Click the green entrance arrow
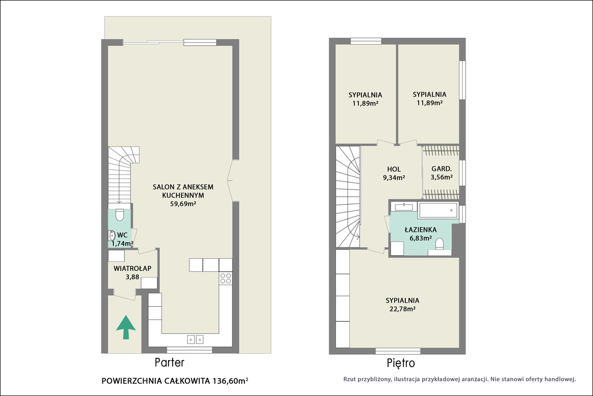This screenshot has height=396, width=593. pyautogui.click(x=126, y=328)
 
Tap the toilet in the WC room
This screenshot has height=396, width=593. pyautogui.click(x=119, y=215)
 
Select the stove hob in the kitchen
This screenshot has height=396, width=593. pyautogui.click(x=226, y=278)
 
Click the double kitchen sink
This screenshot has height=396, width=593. pyautogui.click(x=195, y=339)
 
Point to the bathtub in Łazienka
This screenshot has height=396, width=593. pyautogui.click(x=438, y=210)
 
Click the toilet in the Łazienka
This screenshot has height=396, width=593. pyautogui.click(x=440, y=244)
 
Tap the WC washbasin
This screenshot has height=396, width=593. pyautogui.click(x=112, y=235)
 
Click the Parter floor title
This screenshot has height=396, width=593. pyautogui.click(x=170, y=363)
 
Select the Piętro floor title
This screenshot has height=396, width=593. pyautogui.click(x=401, y=364)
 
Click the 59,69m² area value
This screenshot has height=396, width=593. pyautogui.click(x=183, y=204)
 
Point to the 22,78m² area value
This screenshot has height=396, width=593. pyautogui.click(x=402, y=308)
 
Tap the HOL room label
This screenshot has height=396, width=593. pyautogui.click(x=394, y=169)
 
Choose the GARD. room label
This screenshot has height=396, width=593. pyautogui.click(x=441, y=169)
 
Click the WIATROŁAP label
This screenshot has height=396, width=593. pyautogui.click(x=133, y=268)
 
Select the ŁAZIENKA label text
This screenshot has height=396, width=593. pyautogui.click(x=420, y=230)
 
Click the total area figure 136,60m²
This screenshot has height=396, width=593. pyautogui.click(x=230, y=381)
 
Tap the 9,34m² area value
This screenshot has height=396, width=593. pyautogui.click(x=394, y=177)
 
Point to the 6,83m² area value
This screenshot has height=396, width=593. pyautogui.click(x=420, y=238)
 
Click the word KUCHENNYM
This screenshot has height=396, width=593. pyautogui.click(x=183, y=195)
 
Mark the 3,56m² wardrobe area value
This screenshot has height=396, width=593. pyautogui.click(x=441, y=177)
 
